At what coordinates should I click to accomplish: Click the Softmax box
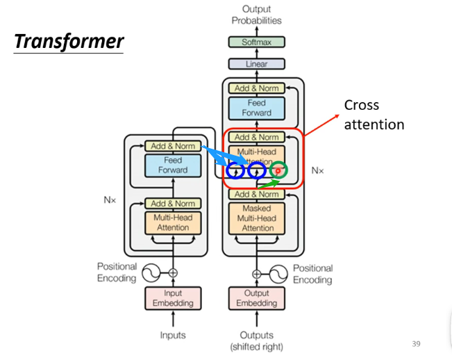point(257,42)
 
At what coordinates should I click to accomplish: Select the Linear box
point(257,64)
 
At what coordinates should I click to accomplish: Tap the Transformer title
point(69,41)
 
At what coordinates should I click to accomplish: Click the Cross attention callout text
point(374,115)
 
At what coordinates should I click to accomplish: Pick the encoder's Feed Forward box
point(173,165)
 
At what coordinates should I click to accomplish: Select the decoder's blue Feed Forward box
point(257,108)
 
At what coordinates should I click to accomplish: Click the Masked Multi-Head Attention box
point(257,218)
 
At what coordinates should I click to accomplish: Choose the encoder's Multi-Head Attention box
point(173,222)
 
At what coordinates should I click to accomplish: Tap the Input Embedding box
point(173,297)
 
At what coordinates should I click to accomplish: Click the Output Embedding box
point(257,297)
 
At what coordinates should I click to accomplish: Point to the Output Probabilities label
point(257,15)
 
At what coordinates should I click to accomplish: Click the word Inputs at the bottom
point(173,335)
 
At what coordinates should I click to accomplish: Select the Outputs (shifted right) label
point(257,341)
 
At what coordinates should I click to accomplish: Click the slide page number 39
point(416,344)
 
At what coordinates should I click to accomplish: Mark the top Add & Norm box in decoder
point(257,88)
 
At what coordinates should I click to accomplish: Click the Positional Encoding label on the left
point(117,272)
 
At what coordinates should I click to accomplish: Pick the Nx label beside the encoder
point(110,199)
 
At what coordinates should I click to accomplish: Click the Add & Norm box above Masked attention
point(257,195)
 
